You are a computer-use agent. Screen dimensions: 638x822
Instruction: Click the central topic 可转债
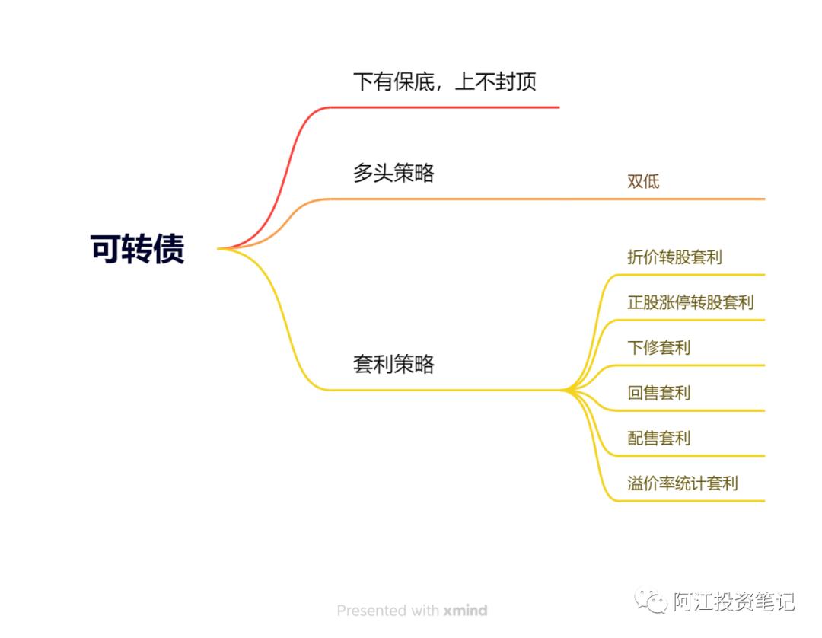coord(138,249)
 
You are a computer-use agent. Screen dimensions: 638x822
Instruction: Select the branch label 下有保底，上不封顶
coord(444,81)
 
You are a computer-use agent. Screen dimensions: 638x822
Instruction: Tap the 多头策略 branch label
coord(393,173)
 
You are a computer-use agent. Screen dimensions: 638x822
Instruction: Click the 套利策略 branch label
coord(393,364)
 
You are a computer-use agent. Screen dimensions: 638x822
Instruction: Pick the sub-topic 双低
coord(643,181)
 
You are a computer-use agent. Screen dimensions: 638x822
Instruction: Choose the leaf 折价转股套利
coord(674,257)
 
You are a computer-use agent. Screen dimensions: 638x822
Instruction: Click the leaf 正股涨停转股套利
coord(690,302)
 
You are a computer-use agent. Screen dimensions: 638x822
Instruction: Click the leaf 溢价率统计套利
coord(682,483)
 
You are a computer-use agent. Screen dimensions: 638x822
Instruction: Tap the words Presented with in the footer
coord(387,611)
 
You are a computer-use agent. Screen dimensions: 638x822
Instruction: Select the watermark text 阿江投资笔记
coord(734,601)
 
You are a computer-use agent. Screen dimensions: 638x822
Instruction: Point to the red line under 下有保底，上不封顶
coord(457,107)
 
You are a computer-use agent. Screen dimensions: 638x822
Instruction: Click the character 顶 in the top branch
coord(526,81)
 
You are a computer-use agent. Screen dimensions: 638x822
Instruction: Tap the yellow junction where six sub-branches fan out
coord(567,391)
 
